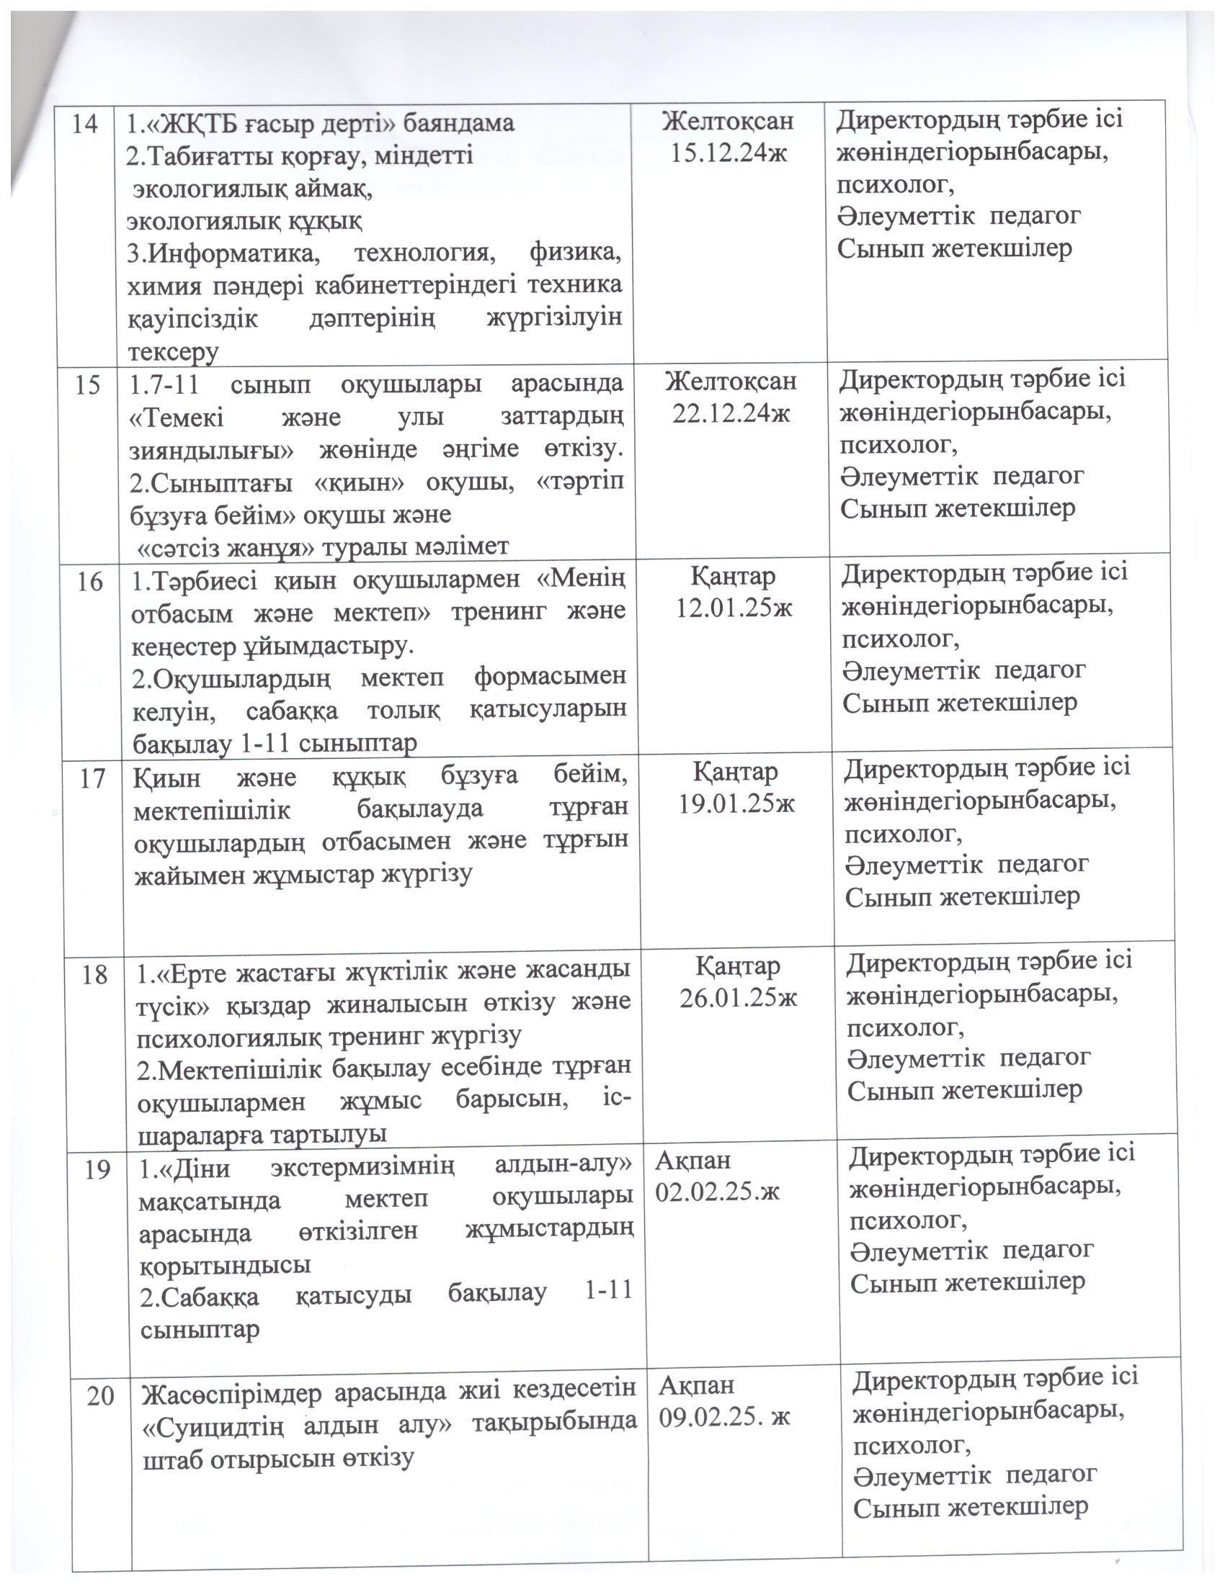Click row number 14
click(85, 125)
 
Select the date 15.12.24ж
click(729, 154)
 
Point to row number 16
click(89, 582)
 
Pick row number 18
click(95, 974)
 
